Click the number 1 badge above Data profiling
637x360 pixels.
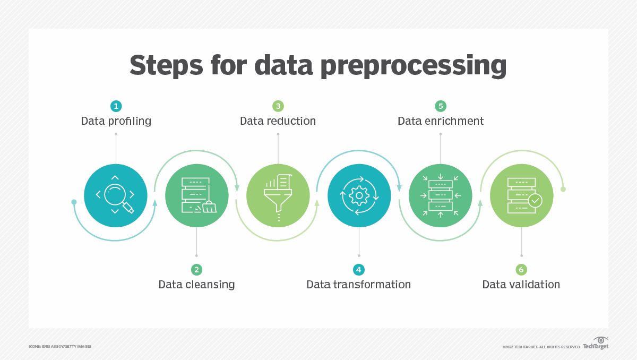coord(116,106)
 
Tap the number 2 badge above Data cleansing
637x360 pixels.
coord(196,270)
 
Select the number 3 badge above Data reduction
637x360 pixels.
coord(278,106)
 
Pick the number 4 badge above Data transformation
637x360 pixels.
coord(359,270)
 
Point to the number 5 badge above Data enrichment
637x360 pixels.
coord(440,106)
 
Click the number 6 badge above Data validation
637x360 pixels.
coord(521,270)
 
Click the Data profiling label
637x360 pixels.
coord(116,121)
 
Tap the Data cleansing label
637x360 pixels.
coord(196,285)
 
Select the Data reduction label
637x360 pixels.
coord(278,121)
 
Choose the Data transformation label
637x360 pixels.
coord(359,285)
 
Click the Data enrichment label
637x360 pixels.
coord(441,121)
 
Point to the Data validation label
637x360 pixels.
coord(521,285)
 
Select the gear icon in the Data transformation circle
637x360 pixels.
coord(359,195)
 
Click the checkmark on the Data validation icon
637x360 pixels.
coord(535,201)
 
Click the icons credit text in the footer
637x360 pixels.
coord(60,347)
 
